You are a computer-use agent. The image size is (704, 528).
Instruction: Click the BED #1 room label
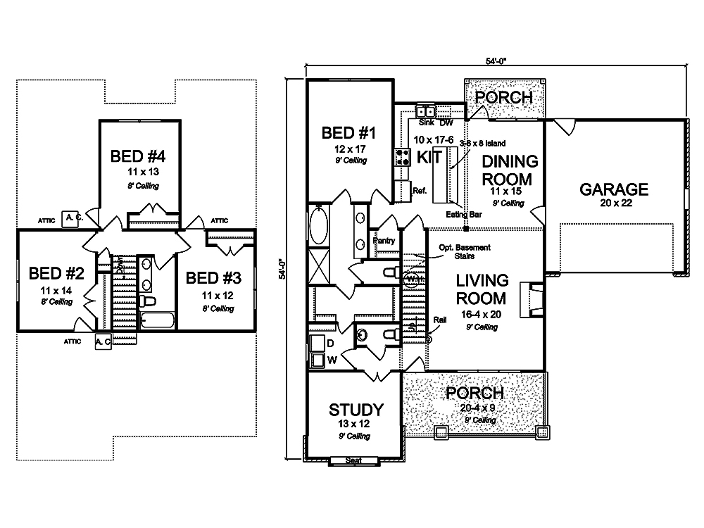pos(350,133)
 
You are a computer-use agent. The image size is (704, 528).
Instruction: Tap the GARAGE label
pos(613,189)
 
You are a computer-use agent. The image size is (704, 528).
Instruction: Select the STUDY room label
pos(356,410)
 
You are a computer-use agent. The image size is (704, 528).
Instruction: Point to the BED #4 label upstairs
pos(137,156)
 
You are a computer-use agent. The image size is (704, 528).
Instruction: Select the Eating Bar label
pos(463,214)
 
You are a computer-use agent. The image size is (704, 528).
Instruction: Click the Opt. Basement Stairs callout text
pos(464,252)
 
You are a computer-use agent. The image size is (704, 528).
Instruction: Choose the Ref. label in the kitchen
pos(419,190)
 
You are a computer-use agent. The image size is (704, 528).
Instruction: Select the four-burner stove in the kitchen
pos(403,156)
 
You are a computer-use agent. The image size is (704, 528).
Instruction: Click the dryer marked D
pos(319,343)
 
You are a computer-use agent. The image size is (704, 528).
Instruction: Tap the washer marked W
pos(319,360)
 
